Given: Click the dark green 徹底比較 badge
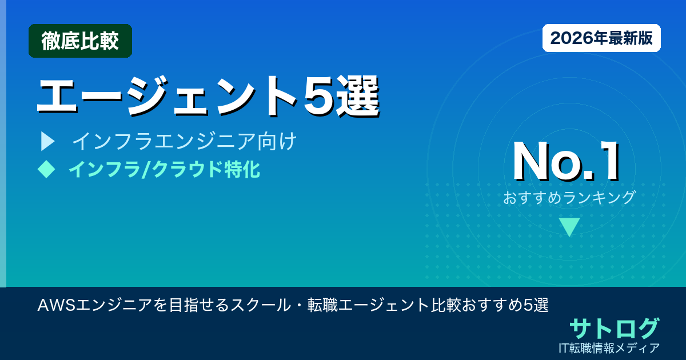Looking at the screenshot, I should pos(80,41).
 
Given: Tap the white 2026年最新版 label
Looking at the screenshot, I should pos(601,38).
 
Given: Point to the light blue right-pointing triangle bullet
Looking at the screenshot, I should pos(47,141).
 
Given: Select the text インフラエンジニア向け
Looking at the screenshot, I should pos(184,141).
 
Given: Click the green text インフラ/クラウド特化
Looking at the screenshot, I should pos(164,170).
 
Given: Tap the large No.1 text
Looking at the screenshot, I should pos(566,162).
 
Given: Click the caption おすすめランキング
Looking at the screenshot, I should pos(569,198).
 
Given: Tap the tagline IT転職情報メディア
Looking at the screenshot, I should pos(609,347).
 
